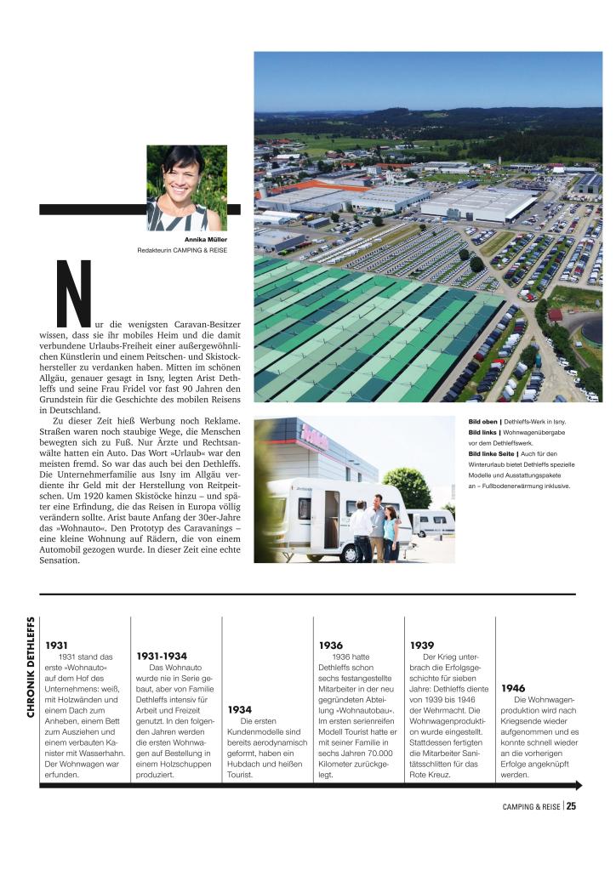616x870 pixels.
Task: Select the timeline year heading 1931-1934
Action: [x=162, y=656]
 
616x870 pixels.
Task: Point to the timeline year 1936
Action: [x=330, y=645]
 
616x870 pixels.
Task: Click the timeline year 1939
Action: [x=422, y=645]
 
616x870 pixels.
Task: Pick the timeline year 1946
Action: [x=513, y=688]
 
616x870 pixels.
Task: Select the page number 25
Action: [x=572, y=807]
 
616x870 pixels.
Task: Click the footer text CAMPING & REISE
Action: [x=528, y=807]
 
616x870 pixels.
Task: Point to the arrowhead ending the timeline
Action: [x=579, y=785]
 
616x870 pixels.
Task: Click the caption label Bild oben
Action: [x=483, y=422]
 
